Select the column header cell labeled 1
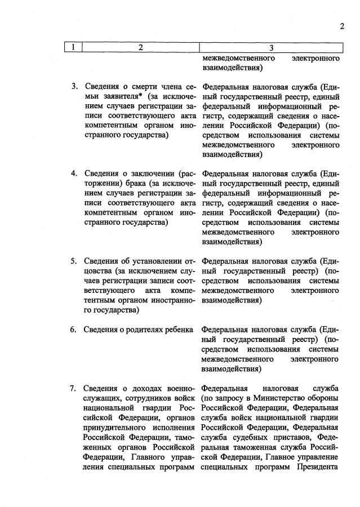74,47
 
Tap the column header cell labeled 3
271,47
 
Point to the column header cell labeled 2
141,47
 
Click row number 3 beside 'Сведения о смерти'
74,87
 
